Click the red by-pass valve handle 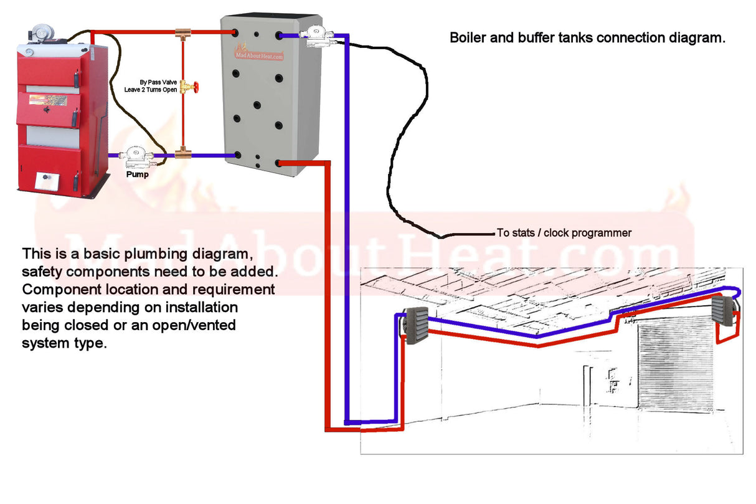(196, 88)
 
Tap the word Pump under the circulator (138, 175)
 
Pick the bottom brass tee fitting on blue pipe (182, 153)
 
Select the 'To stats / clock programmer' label (564, 233)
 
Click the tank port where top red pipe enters (234, 32)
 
